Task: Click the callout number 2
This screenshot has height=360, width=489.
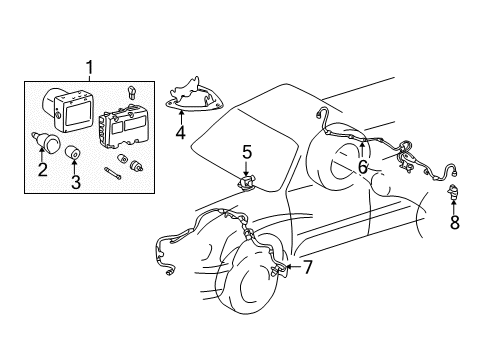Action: pyautogui.click(x=42, y=170)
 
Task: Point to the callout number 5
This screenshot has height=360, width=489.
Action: pyautogui.click(x=247, y=153)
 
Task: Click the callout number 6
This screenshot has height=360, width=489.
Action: pyautogui.click(x=363, y=168)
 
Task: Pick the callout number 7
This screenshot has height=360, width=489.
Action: pyautogui.click(x=307, y=267)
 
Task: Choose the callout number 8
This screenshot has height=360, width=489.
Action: pyautogui.click(x=455, y=223)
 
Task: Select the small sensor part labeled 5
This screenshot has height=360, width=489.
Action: pyautogui.click(x=244, y=183)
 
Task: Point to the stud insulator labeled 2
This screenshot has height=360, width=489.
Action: pyautogui.click(x=43, y=139)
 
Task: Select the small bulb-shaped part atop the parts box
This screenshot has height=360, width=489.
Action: pyautogui.click(x=131, y=91)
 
